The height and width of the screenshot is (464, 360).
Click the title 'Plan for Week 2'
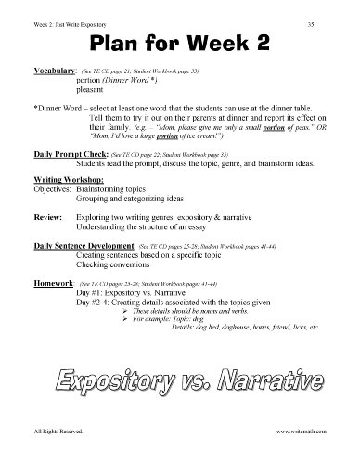coord(180,45)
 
